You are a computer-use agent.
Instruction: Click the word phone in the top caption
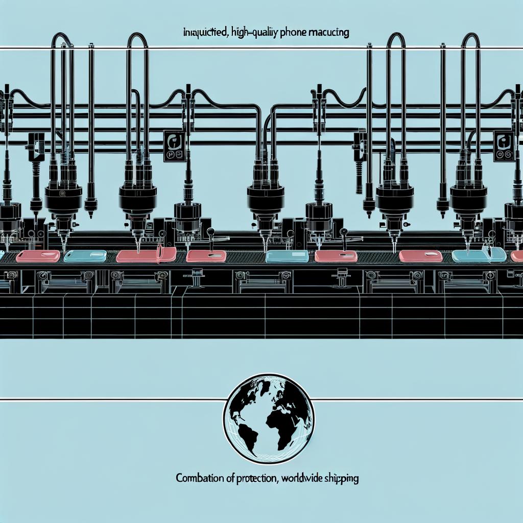point(293,33)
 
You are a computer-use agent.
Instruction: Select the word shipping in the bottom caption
point(342,479)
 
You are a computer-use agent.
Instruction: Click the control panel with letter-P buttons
point(174,146)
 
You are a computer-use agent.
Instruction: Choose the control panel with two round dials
point(504,147)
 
